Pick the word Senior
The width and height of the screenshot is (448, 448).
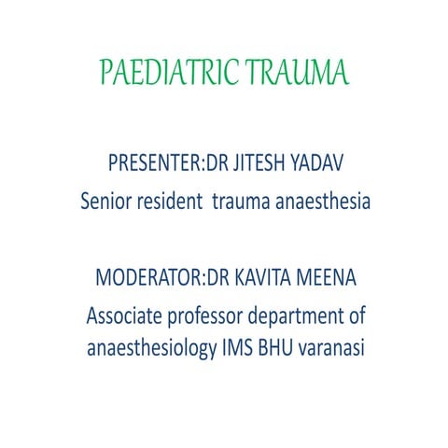108,201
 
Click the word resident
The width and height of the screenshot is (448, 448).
175,201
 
